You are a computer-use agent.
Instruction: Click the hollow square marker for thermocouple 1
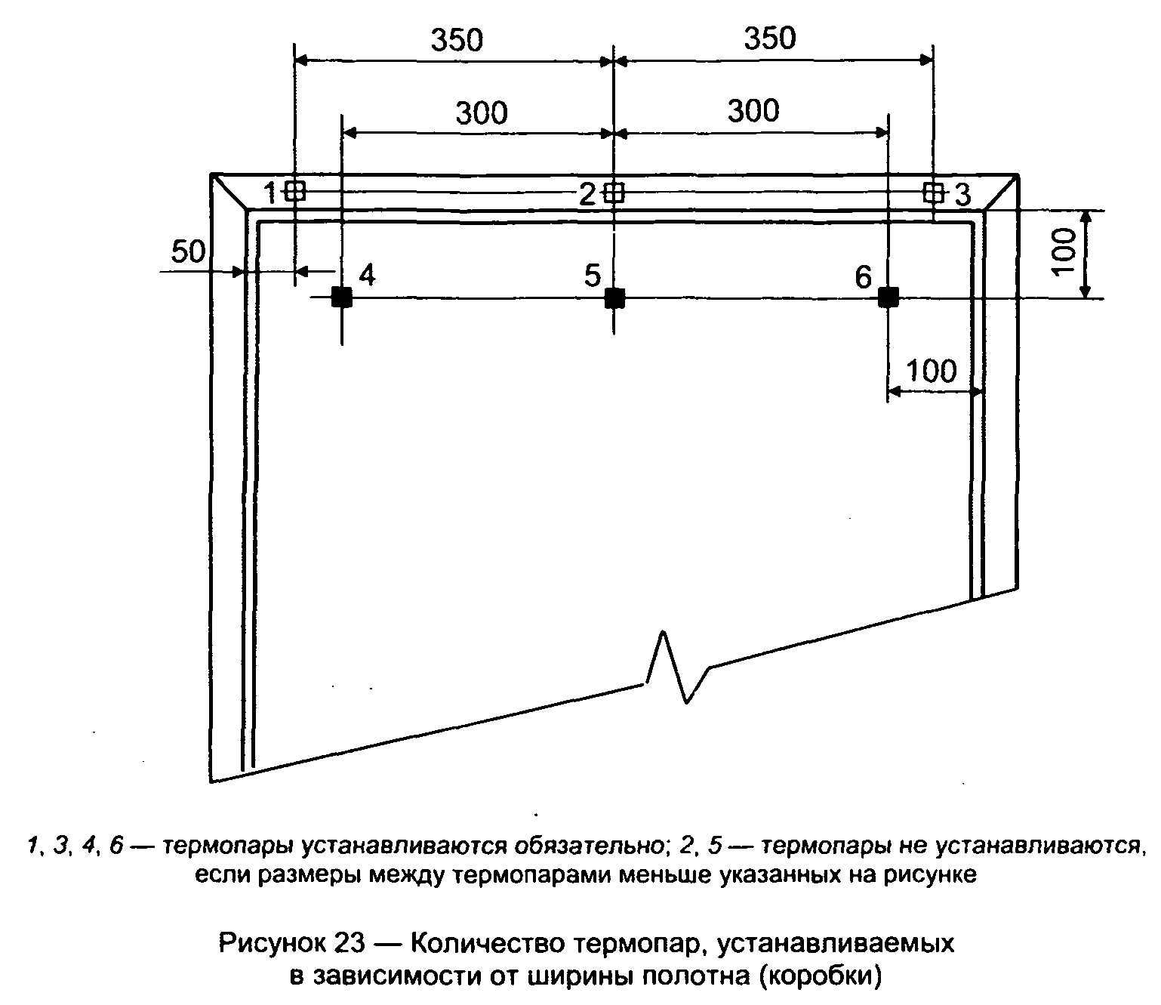(295, 192)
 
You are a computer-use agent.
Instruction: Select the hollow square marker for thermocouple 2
(614, 193)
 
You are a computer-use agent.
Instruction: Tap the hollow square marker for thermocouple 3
(933, 192)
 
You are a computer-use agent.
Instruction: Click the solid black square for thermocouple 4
(341, 297)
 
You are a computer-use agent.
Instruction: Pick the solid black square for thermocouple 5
(614, 297)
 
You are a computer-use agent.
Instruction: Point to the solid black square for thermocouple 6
(888, 297)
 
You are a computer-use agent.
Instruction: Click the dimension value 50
(188, 251)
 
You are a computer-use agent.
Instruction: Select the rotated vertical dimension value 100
(1064, 252)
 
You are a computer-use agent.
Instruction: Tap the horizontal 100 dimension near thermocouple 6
(932, 371)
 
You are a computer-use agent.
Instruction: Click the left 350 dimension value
(457, 41)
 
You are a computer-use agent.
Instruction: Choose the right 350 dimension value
(770, 39)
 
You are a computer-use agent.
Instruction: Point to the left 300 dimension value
(482, 113)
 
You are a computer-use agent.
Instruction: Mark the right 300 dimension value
(753, 111)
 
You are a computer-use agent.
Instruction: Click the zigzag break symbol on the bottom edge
(676, 667)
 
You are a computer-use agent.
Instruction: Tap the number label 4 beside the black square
(367, 276)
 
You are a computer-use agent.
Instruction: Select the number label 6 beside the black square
(864, 277)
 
